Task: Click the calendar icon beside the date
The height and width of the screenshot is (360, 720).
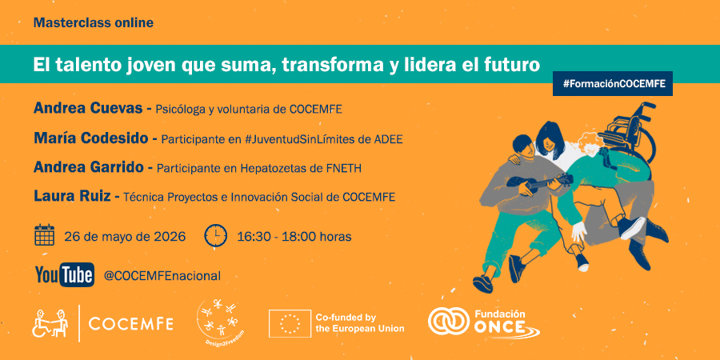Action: [45, 235]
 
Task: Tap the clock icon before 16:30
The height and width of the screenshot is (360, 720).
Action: [215, 236]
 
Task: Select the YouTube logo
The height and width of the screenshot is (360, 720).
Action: [65, 275]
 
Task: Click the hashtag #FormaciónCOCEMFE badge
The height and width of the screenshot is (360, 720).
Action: [613, 83]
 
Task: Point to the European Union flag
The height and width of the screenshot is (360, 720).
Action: [290, 323]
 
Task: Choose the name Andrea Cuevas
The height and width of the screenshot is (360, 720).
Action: [89, 109]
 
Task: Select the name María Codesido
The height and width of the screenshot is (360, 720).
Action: [91, 138]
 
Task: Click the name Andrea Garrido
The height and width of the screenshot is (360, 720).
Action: [89, 168]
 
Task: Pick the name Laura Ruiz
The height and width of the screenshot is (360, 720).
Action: [72, 197]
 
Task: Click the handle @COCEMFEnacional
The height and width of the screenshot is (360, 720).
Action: [162, 276]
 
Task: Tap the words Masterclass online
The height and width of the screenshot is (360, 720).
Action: [94, 22]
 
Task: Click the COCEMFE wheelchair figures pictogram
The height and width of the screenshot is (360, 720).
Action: [50, 323]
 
